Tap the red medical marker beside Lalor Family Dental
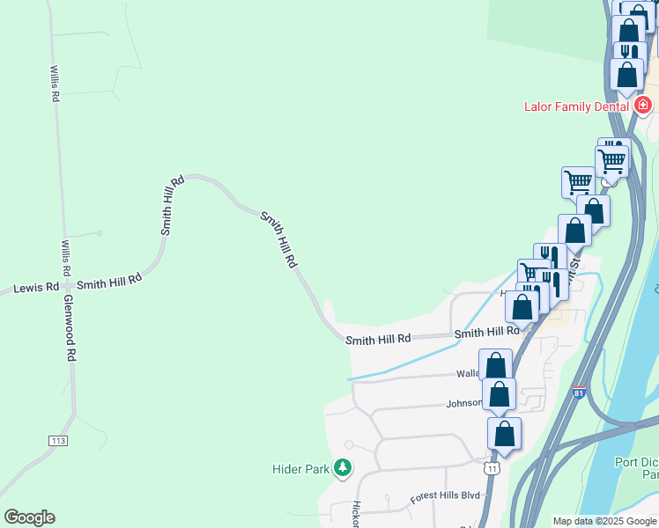pyautogui.click(x=643, y=106)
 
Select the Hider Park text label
pyautogui.click(x=300, y=469)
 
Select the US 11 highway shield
pyautogui.click(x=492, y=468)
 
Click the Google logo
pyautogui.click(x=29, y=517)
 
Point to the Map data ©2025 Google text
pyautogui.click(x=603, y=521)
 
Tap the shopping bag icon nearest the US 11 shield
pyautogui.click(x=504, y=433)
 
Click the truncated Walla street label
pyautogui.click(x=467, y=373)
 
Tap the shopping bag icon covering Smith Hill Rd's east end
pyautogui.click(x=522, y=307)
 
